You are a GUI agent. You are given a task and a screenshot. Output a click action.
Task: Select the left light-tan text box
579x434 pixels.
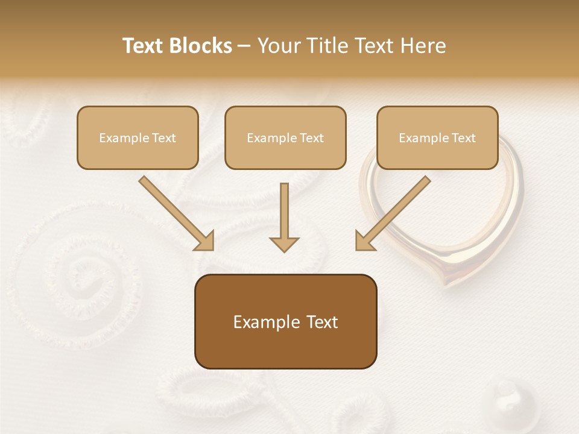tap(138, 137)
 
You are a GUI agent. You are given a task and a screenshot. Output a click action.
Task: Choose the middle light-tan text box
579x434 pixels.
tap(285, 137)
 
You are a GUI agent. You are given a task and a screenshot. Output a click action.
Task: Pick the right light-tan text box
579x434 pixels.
tap(437, 137)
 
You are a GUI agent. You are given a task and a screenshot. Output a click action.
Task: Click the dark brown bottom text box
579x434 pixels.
tap(285, 321)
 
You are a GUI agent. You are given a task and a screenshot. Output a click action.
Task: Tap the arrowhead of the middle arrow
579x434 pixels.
tap(284, 244)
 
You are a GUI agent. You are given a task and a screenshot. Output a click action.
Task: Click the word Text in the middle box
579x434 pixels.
tap(311, 138)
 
